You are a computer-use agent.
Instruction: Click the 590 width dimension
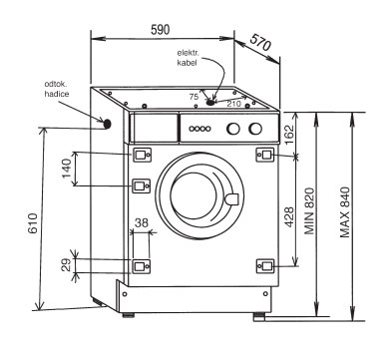pos(161,30)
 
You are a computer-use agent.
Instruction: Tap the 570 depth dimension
pos(260,42)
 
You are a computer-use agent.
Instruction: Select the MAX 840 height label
pos(345,212)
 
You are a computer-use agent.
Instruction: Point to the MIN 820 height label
pos(309,211)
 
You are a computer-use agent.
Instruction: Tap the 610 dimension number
pos(33,223)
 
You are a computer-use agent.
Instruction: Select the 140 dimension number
pos(67,169)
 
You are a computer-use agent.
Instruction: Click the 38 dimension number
pos(142,222)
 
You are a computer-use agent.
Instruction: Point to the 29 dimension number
pos(67,265)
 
